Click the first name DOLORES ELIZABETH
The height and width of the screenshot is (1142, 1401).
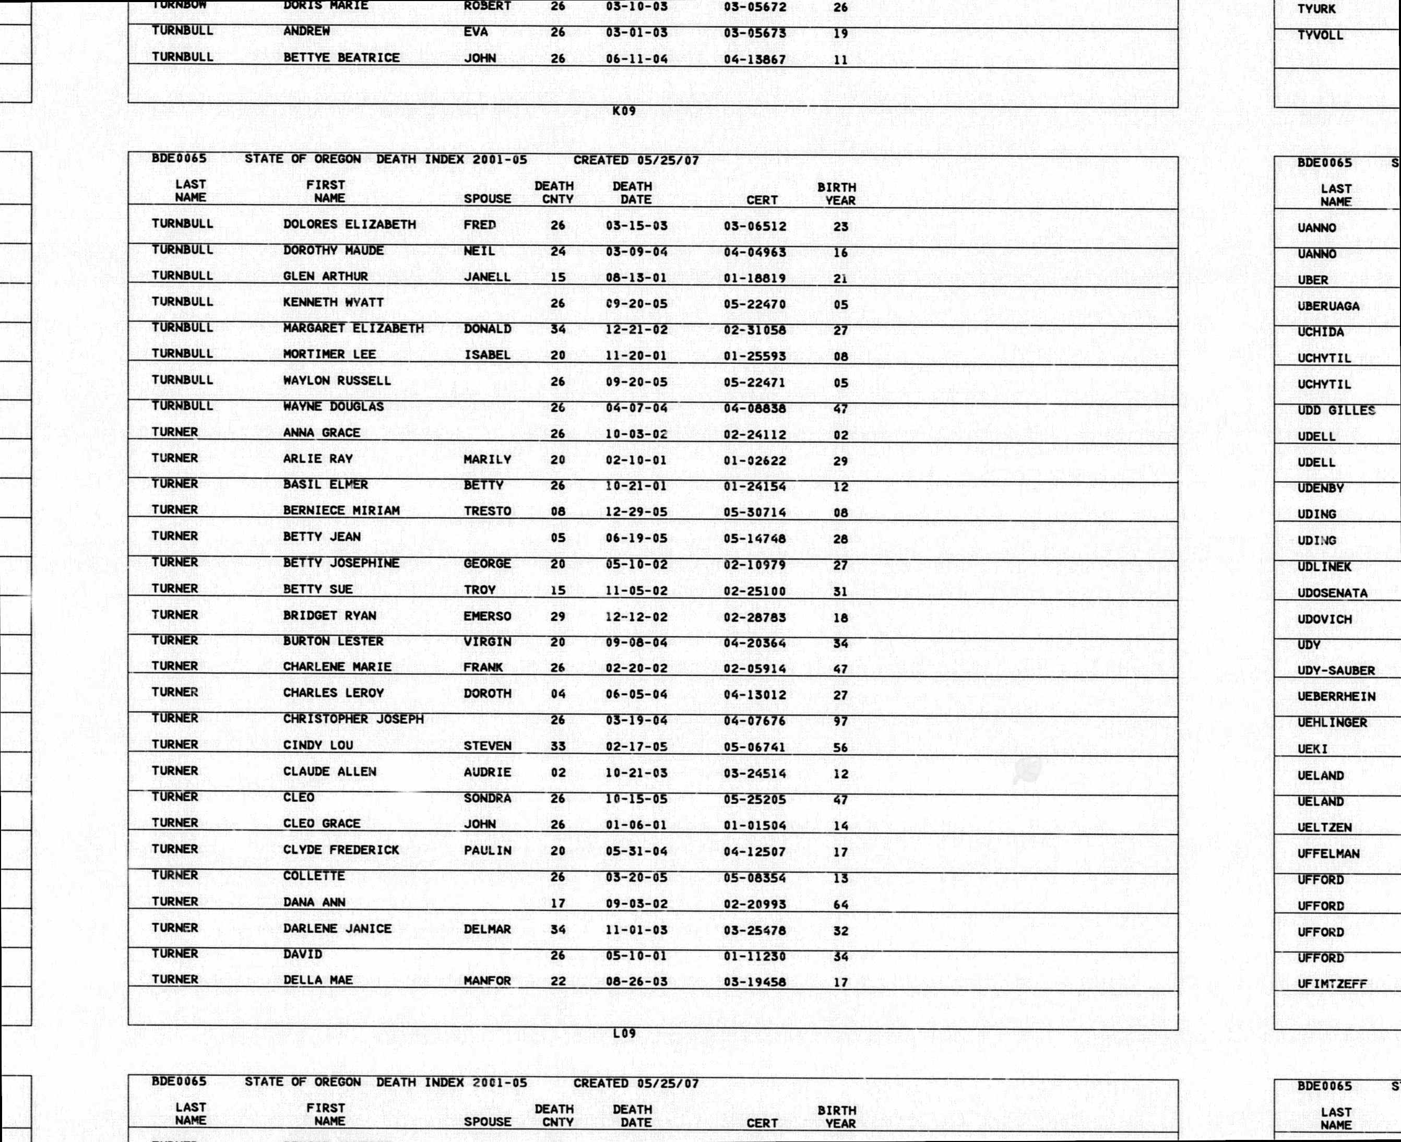(349, 224)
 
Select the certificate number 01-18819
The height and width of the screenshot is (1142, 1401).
(754, 278)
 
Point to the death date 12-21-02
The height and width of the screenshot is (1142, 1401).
(636, 329)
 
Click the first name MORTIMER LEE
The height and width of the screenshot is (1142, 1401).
(329, 354)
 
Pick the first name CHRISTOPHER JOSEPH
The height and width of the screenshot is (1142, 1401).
(353, 719)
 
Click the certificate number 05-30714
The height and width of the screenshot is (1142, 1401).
(754, 513)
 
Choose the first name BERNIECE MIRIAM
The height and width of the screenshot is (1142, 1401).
(341, 510)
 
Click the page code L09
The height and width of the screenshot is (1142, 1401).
(624, 1033)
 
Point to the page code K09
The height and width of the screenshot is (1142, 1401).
(624, 111)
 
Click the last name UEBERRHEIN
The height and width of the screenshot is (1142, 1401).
(1336, 697)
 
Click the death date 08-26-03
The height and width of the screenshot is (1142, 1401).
(636, 981)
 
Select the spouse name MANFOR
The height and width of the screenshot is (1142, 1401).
(486, 981)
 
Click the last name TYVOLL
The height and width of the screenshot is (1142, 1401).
(1320, 35)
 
